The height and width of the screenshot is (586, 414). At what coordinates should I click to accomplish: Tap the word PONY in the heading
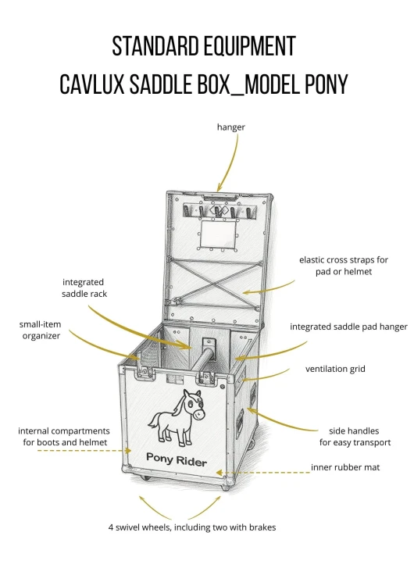click(327, 84)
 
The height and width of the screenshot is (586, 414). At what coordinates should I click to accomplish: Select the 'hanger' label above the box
click(231, 127)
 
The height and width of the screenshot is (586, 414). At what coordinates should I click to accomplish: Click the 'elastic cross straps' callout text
click(344, 266)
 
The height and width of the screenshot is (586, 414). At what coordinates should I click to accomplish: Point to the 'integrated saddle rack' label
click(84, 288)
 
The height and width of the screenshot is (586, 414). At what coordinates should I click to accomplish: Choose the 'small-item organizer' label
click(41, 330)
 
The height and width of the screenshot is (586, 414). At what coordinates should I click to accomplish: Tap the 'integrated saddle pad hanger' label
click(348, 327)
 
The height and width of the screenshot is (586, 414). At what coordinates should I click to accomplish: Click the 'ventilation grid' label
click(335, 370)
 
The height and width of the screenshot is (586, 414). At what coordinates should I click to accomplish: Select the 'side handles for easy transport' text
click(355, 437)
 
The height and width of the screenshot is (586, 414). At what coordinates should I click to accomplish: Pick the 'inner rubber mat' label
click(345, 467)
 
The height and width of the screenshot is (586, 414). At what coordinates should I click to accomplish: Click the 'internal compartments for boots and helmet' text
click(64, 437)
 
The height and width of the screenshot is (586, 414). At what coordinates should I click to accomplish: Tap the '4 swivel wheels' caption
click(192, 527)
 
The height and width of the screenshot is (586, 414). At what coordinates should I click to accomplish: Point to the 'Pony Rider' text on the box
click(176, 459)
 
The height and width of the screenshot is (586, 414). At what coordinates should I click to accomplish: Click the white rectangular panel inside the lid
click(219, 234)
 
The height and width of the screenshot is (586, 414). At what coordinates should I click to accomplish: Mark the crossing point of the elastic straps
click(215, 284)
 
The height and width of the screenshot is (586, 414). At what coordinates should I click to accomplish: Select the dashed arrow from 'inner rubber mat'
click(263, 473)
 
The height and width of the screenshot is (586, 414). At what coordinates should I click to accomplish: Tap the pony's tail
click(153, 422)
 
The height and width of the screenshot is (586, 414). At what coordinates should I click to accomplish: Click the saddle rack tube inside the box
click(201, 359)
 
